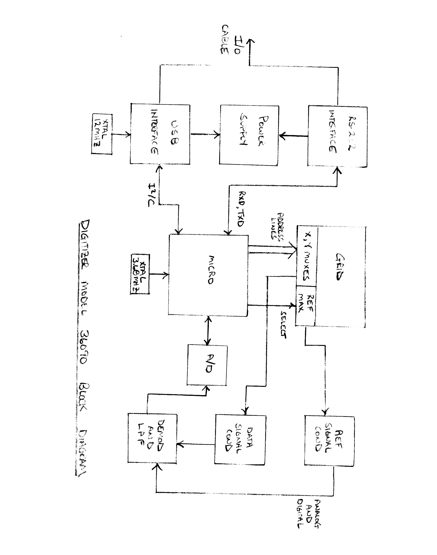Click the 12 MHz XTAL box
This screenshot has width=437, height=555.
(x=102, y=134)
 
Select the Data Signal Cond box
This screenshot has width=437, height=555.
(x=240, y=439)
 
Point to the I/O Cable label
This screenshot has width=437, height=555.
(x=230, y=39)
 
